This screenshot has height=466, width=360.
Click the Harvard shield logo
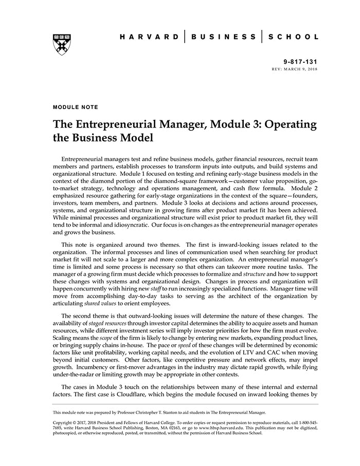(x=61, y=44)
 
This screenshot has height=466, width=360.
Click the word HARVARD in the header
(x=149, y=37)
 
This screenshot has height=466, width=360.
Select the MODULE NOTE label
(x=75, y=107)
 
